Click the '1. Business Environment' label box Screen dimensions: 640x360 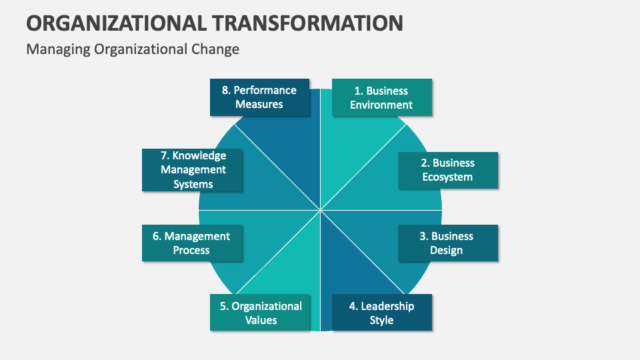[x=382, y=97]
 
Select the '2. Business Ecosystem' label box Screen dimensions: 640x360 [x=448, y=170]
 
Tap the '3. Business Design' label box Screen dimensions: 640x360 [x=448, y=243]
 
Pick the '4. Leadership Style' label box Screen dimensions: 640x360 [x=381, y=313]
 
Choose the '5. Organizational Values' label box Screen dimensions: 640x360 [x=260, y=313]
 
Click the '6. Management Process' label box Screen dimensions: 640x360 [x=192, y=243]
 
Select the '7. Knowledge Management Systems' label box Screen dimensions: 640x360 [x=193, y=170]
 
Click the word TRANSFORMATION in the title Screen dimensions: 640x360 [x=309, y=23]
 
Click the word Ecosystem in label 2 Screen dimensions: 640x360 [x=447, y=177]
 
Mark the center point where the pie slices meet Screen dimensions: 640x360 [x=321, y=210]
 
